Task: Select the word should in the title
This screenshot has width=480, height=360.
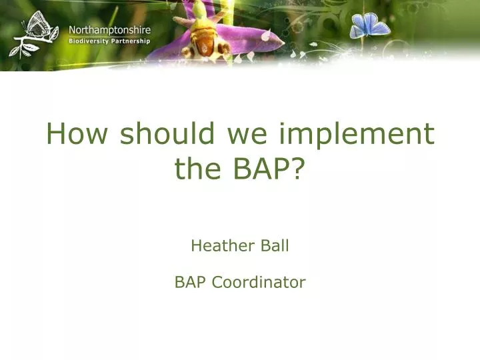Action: click(x=167, y=135)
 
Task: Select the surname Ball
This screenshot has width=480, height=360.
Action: click(x=273, y=246)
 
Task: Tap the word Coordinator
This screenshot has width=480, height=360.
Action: click(x=259, y=283)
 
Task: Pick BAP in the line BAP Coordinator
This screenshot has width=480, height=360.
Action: click(x=191, y=283)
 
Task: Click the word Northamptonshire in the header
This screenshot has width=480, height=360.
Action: click(x=109, y=30)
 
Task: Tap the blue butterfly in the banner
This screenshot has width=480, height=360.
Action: click(x=369, y=26)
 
